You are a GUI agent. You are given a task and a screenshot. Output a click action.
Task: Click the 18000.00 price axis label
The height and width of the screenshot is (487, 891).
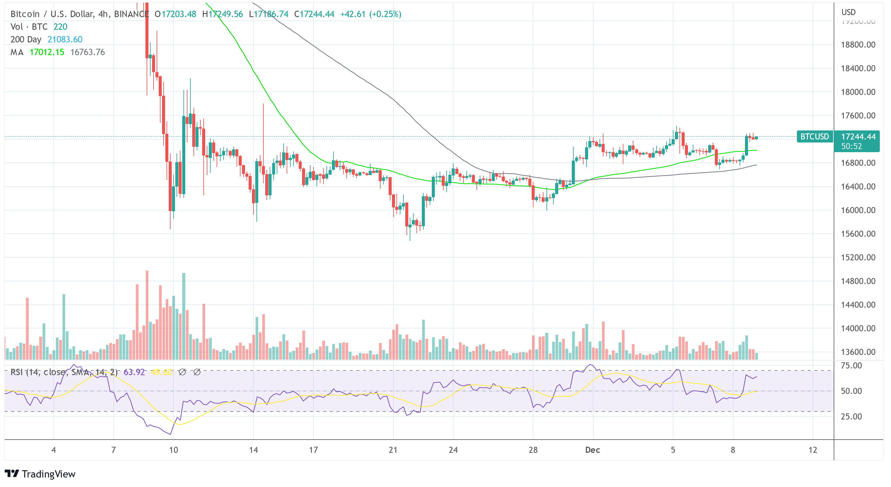pyautogui.click(x=858, y=92)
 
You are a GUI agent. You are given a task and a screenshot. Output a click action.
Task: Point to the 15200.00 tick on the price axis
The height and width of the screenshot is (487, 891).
pyautogui.click(x=858, y=258)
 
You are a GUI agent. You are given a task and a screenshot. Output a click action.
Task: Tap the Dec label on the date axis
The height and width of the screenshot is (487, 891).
pyautogui.click(x=592, y=450)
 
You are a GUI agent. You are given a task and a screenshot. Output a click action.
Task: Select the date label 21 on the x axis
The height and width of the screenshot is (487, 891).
pyautogui.click(x=393, y=450)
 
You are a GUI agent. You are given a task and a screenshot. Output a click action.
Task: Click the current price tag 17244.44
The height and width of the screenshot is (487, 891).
pyautogui.click(x=858, y=137)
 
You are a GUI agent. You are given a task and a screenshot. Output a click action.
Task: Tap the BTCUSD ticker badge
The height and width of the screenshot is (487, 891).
pyautogui.click(x=815, y=137)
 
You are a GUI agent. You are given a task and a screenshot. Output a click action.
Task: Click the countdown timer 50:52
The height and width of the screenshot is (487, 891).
pyautogui.click(x=851, y=146)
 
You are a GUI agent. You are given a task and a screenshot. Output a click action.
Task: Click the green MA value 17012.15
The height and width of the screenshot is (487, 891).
pyautogui.click(x=47, y=52)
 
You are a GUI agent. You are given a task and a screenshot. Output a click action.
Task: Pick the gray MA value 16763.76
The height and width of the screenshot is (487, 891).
pyautogui.click(x=88, y=52)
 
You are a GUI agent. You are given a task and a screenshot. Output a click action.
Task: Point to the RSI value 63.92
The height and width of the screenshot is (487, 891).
pyautogui.click(x=134, y=372)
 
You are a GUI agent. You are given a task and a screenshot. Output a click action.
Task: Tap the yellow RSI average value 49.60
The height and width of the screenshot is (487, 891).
pyautogui.click(x=161, y=372)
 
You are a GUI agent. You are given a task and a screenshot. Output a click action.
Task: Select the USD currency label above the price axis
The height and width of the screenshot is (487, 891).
pyautogui.click(x=848, y=12)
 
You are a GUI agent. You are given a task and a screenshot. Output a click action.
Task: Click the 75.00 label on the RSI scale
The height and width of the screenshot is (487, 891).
pyautogui.click(x=851, y=366)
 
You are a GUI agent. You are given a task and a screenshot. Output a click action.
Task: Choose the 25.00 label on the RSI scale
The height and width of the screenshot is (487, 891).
pyautogui.click(x=851, y=416)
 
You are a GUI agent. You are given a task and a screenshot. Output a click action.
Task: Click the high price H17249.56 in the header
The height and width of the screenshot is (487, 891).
pyautogui.click(x=222, y=14)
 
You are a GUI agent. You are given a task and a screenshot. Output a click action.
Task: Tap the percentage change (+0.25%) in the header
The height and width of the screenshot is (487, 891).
pyautogui.click(x=385, y=14)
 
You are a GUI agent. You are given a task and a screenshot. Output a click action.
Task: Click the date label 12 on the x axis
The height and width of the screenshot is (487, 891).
pyautogui.click(x=813, y=450)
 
